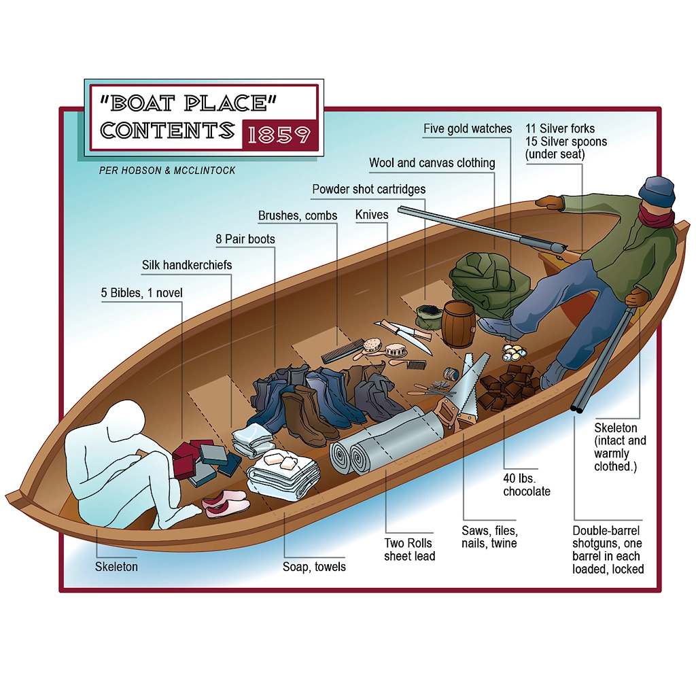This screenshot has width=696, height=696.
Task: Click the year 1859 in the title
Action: [x=279, y=135]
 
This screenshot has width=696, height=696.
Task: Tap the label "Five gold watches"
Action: [x=468, y=128]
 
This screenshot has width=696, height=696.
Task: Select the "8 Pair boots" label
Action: [x=245, y=239]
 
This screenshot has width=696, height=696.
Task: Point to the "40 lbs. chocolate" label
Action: [x=526, y=485]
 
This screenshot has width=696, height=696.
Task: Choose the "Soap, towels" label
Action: [x=314, y=566]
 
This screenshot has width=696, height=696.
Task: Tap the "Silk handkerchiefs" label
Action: [x=187, y=265]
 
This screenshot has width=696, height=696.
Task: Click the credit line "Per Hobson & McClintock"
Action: [x=167, y=171]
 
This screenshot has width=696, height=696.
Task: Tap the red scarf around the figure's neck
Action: [x=656, y=218]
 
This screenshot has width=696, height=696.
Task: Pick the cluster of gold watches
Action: [x=515, y=353]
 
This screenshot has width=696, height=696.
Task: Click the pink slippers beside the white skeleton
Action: [x=225, y=504]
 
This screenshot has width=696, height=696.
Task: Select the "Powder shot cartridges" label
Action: [x=368, y=189]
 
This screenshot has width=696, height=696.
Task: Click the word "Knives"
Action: [x=372, y=215]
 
